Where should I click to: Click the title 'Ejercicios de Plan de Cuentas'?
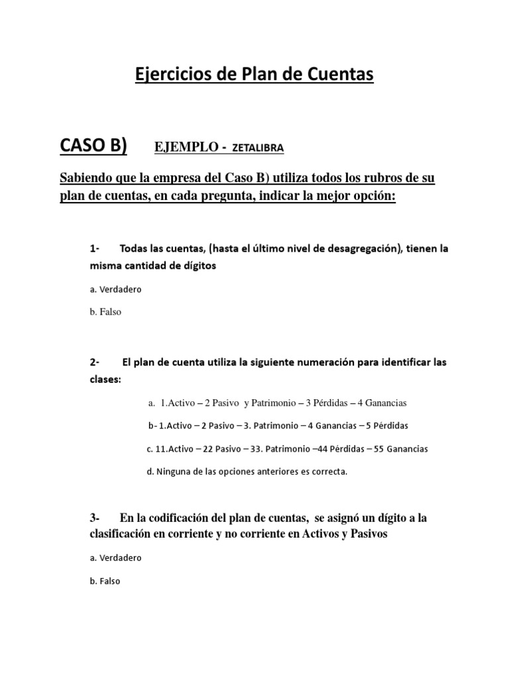click(254, 75)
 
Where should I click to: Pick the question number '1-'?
click(93, 249)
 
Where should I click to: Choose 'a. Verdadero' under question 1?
click(115, 289)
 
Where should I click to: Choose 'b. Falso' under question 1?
click(105, 311)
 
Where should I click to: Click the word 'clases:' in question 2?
click(104, 380)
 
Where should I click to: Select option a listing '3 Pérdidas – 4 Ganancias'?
click(277, 403)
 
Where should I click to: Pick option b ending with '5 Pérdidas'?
click(278, 425)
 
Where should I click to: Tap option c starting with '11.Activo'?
click(287, 448)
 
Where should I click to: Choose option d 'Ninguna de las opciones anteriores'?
click(247, 471)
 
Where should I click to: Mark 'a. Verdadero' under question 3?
click(115, 558)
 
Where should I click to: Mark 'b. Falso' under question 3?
click(105, 581)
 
